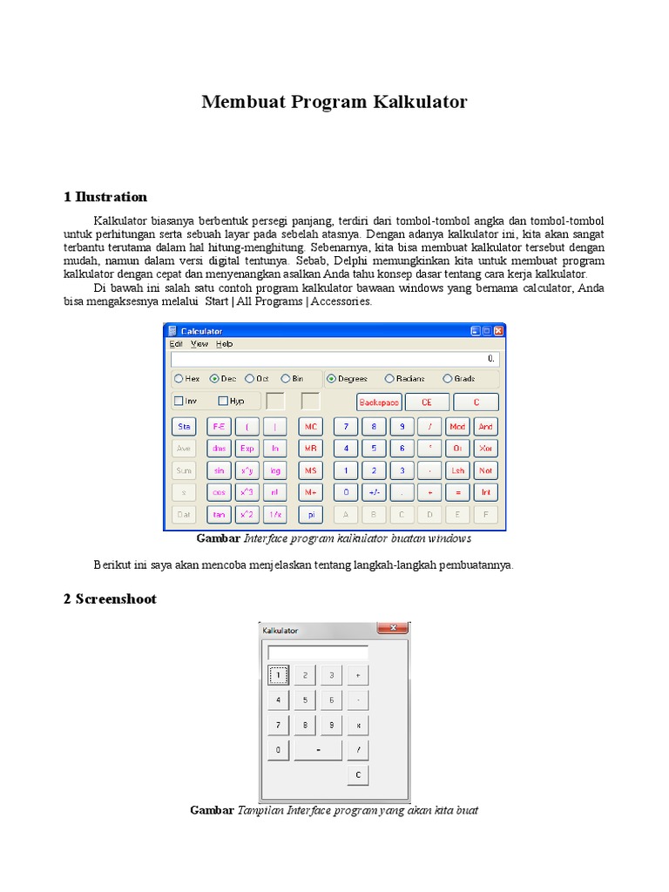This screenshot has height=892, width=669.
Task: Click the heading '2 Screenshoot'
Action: point(110,599)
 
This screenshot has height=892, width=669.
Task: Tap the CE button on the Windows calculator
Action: point(427,402)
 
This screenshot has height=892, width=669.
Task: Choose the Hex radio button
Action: point(179,379)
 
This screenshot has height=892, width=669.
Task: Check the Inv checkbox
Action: point(179,402)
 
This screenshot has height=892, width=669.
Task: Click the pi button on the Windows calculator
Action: point(310,515)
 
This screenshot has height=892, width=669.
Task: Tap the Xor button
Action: point(485,449)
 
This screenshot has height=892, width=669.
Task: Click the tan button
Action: point(219,515)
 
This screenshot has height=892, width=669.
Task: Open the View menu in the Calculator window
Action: point(199,344)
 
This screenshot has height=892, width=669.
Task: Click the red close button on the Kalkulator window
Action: point(392,627)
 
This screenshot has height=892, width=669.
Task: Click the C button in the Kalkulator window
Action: point(358,774)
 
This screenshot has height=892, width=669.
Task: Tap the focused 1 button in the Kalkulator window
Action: point(278,675)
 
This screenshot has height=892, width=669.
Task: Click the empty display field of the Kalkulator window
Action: point(318,652)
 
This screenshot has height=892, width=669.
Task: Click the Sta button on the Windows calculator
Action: point(184,427)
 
